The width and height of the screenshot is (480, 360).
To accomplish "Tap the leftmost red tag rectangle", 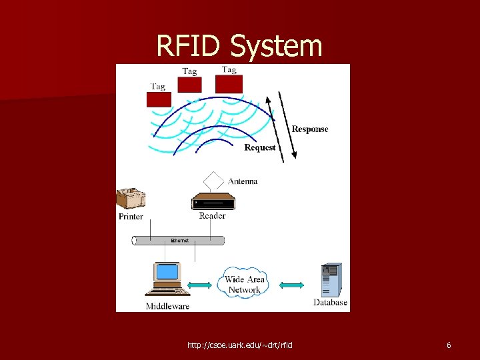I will pyautogui.click(x=159, y=99).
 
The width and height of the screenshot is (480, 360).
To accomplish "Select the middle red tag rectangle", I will pyautogui.click(x=189, y=85).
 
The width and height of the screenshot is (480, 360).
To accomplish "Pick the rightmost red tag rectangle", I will pyautogui.click(x=229, y=83).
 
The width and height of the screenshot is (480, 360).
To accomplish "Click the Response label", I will pyautogui.click(x=310, y=129).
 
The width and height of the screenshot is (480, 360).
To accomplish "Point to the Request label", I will pyautogui.click(x=260, y=147).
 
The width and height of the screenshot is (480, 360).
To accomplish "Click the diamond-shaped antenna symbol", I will pyautogui.click(x=213, y=181).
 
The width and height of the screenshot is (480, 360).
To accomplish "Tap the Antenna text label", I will pyautogui.click(x=243, y=181).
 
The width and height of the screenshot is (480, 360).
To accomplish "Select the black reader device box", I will pyautogui.click(x=213, y=202).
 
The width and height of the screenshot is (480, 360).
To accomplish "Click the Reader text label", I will pyautogui.click(x=212, y=215).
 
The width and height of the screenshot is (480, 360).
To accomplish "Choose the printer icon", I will pyautogui.click(x=131, y=198).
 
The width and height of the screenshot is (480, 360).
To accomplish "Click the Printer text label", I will pyautogui.click(x=131, y=217).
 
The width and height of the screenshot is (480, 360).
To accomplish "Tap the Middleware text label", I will pyautogui.click(x=167, y=307).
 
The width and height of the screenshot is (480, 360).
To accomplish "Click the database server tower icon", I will pyautogui.click(x=331, y=280).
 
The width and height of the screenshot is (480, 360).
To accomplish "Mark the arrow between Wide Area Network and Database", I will pyautogui.click(x=291, y=285).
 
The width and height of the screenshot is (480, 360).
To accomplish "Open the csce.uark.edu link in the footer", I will pyautogui.click(x=239, y=345).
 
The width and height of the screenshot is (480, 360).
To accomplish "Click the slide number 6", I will pyautogui.click(x=449, y=345).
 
